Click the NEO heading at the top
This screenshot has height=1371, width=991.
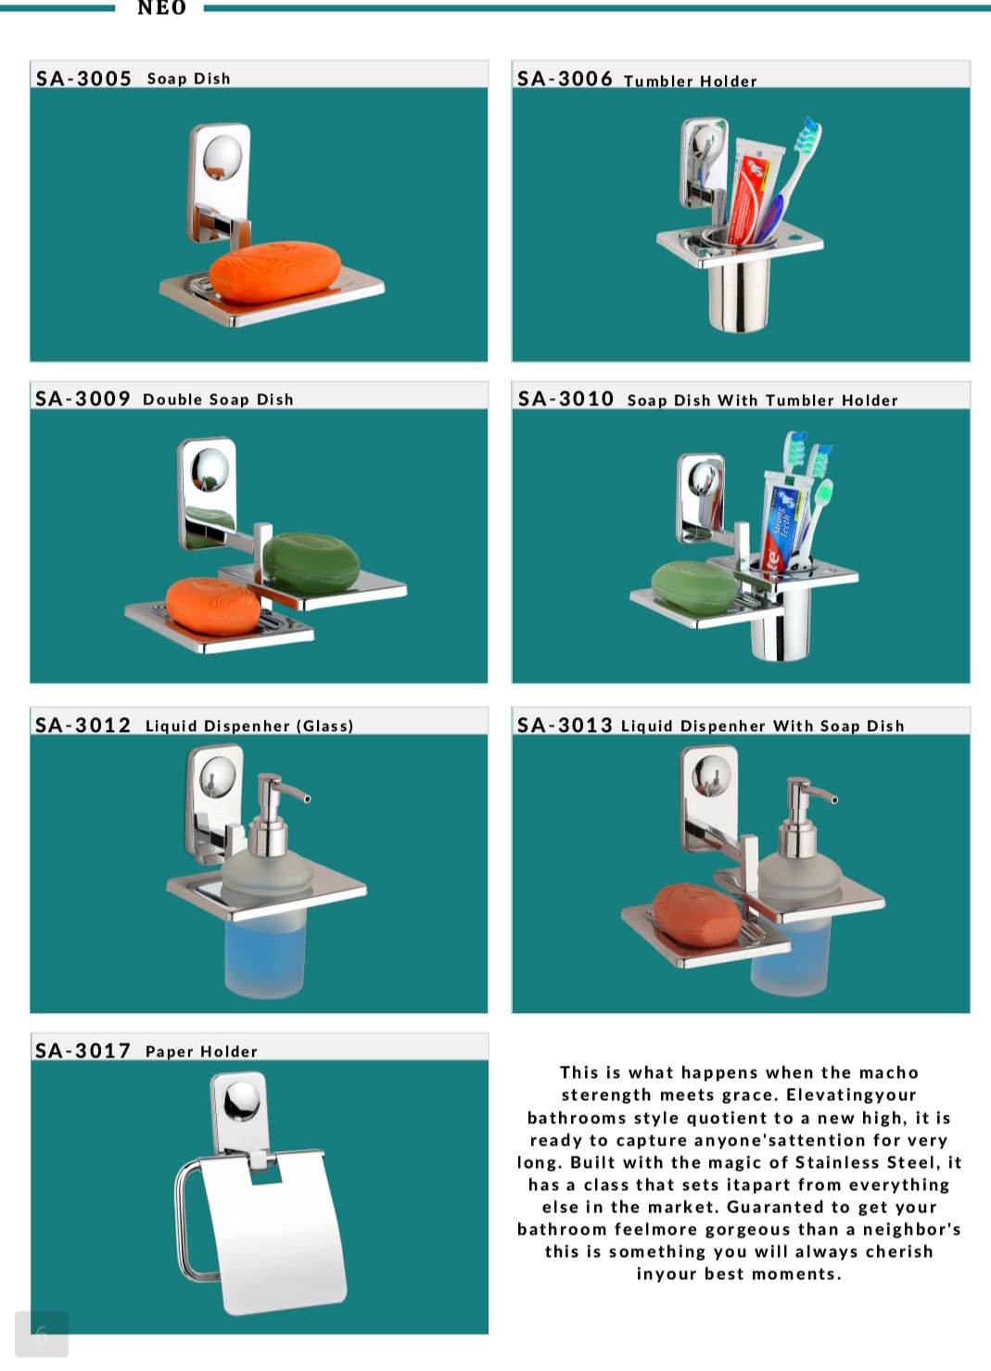point(161,7)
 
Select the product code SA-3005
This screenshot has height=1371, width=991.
point(83,78)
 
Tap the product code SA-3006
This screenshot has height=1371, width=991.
point(565,78)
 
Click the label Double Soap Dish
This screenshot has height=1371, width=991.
point(218,400)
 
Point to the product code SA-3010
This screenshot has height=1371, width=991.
point(565,399)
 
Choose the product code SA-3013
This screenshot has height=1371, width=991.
point(565,725)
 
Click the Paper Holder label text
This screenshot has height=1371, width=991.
point(201,1052)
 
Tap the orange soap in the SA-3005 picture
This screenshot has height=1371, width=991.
point(275,272)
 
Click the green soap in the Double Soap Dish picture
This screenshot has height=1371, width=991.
point(311,563)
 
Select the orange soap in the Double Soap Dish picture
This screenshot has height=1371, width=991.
point(213,606)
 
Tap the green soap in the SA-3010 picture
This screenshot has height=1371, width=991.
point(694,587)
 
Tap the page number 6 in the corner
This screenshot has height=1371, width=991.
point(42,1334)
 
